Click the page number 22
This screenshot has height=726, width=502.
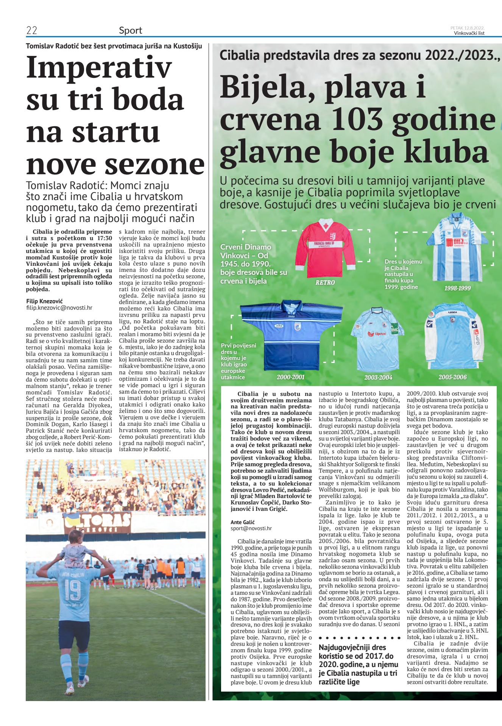click(31, 31)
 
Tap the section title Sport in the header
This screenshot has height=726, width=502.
click(131, 31)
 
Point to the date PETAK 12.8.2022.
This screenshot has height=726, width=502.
click(467, 28)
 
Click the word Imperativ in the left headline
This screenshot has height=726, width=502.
click(99, 67)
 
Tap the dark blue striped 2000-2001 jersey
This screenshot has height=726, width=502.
click(291, 335)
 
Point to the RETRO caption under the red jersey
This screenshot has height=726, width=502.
click(325, 282)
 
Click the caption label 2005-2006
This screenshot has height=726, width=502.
click(452, 377)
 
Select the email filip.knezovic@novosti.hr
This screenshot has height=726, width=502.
click(59, 308)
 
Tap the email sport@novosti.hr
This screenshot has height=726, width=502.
click(251, 528)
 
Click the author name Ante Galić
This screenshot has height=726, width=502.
click(243, 522)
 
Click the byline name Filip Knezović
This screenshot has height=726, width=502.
click(44, 301)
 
